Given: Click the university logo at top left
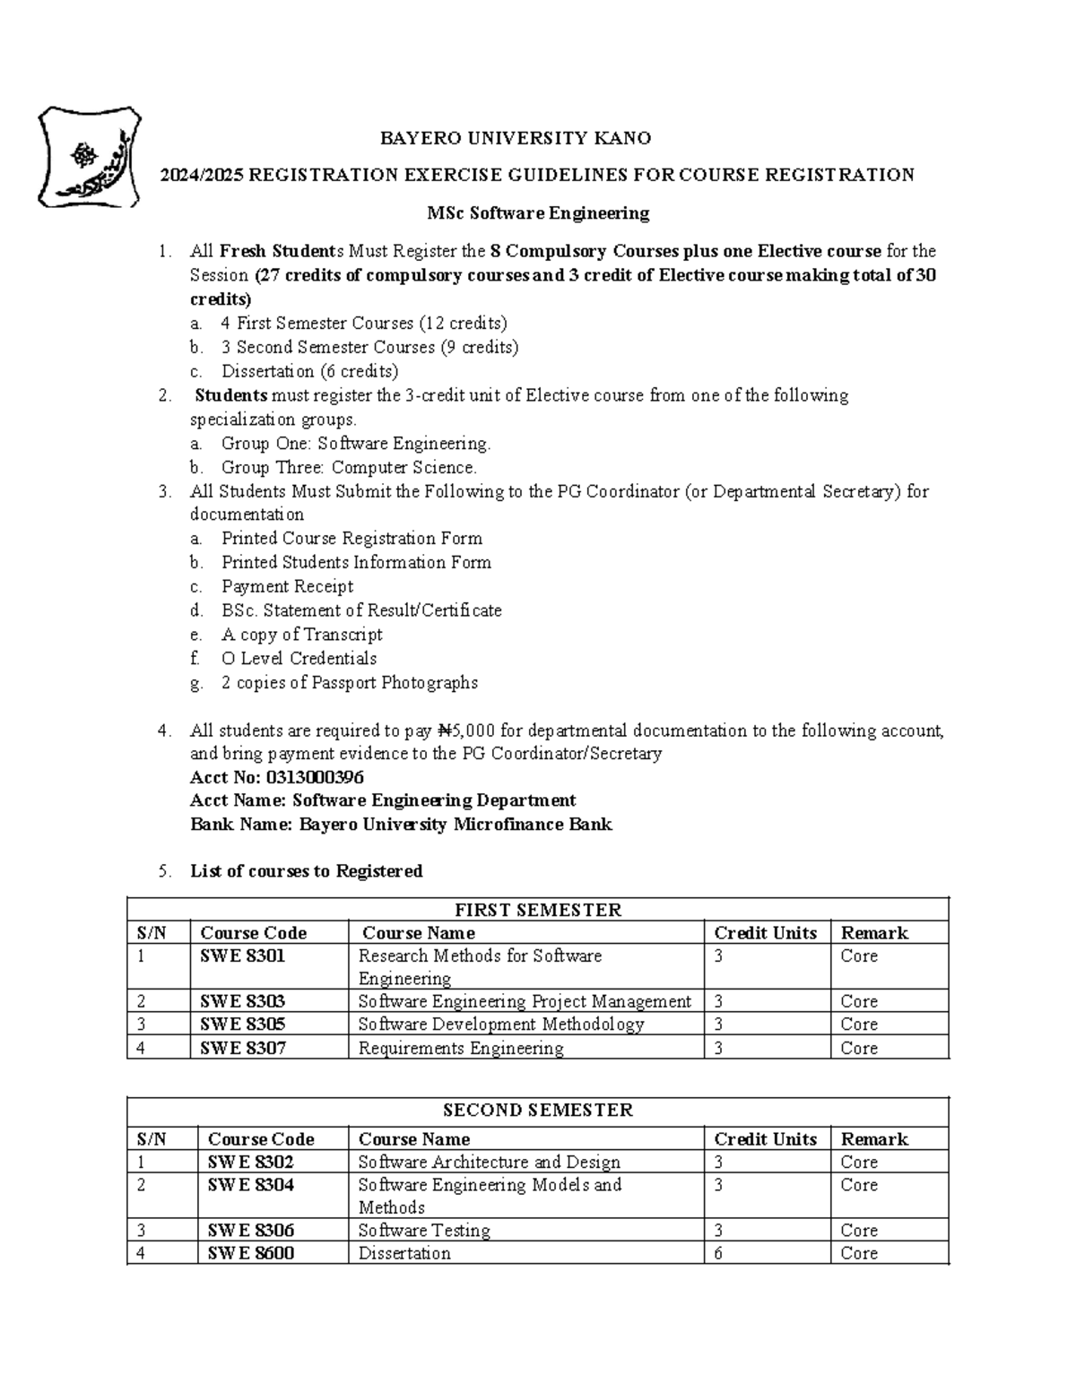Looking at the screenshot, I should coord(89,157).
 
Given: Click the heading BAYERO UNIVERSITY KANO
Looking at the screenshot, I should coord(516,138).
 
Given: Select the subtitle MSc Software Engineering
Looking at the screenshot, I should coord(538,213).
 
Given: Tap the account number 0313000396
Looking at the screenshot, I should coord(315,777).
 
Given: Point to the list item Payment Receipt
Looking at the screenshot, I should coord(287,586).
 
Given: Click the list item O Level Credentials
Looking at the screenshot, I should coord(299,658).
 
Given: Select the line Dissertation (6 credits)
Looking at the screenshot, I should coord(309,371).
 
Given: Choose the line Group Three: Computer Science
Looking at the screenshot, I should coord(349,467).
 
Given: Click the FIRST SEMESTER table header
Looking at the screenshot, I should coord(538,910).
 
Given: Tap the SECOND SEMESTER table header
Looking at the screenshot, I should coord(538,1110).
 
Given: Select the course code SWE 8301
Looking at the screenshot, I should coord(242,956).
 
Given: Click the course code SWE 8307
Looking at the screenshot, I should coord(243,1048).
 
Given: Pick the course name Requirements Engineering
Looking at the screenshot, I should coord(461,1048).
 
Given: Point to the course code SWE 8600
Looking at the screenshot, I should coord(251,1253).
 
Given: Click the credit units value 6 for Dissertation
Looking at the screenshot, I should coord(718,1253).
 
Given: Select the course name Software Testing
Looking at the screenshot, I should coord(424,1230).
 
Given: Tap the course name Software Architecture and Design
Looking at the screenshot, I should coord(489,1162).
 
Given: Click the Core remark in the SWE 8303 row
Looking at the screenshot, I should coord(859,1001).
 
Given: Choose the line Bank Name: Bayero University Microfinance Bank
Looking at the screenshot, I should coord(401,825).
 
